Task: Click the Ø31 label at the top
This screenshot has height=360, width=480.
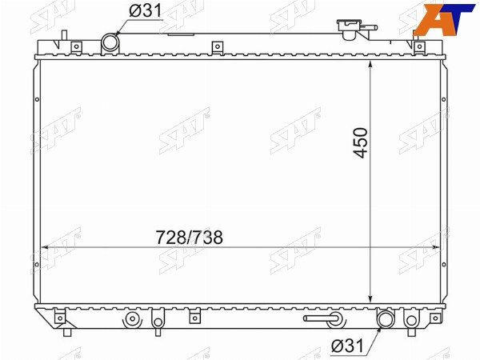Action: [145, 11]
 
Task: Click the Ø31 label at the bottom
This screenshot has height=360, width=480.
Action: [348, 346]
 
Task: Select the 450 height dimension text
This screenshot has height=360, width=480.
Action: [360, 142]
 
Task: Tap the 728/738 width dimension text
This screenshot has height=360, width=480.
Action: [189, 238]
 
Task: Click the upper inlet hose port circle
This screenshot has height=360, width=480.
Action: [110, 42]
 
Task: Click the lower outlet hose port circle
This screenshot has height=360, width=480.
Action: [386, 319]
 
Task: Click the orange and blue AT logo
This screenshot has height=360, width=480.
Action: [446, 18]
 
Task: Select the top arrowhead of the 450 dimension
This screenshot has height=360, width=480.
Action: [370, 64]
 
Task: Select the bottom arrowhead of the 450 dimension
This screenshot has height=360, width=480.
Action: [370, 298]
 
